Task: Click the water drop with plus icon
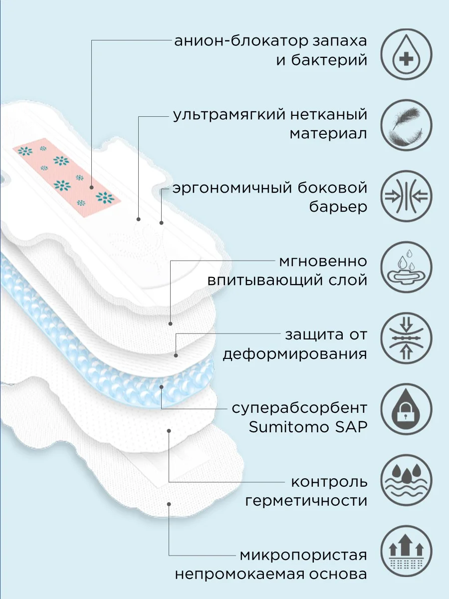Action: pyautogui.click(x=406, y=54)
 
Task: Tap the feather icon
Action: pyautogui.click(x=406, y=125)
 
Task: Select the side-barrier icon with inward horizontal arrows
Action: pyautogui.click(x=406, y=196)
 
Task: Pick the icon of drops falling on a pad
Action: pyautogui.click(x=406, y=267)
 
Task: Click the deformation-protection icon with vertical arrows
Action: pyautogui.click(x=406, y=338)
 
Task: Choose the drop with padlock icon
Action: pyautogui.click(x=406, y=409)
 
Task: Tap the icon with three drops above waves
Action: pyautogui.click(x=406, y=480)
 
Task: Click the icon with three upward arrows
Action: pyautogui.click(x=406, y=551)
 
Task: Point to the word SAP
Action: pyautogui.click(x=351, y=427)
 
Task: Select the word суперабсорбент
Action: pyautogui.click(x=299, y=408)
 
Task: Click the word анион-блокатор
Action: pyautogui.click(x=239, y=41)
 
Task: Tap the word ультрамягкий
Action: pyautogui.click(x=229, y=115)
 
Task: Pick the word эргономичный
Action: pyautogui.click(x=232, y=189)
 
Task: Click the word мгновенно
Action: pyautogui.click(x=323, y=262)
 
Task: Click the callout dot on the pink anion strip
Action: pyautogui.click(x=92, y=188)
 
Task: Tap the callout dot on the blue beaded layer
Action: pyautogui.click(x=161, y=387)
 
